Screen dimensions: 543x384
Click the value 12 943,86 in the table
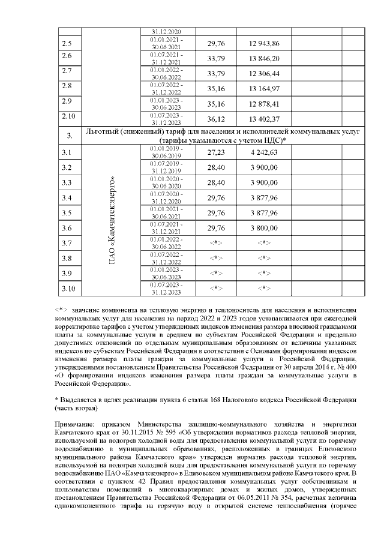click(x=264, y=44)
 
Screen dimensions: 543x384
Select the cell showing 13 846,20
click(x=264, y=58)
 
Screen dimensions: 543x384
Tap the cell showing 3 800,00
click(x=264, y=228)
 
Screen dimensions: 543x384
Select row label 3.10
click(x=68, y=289)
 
